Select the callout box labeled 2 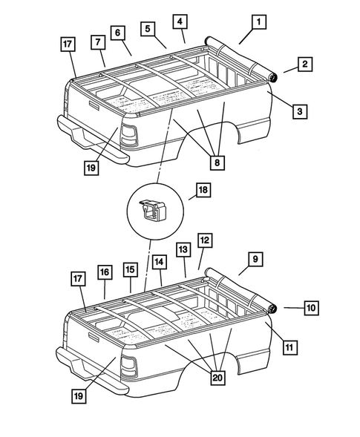[x=305, y=65]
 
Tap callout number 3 [x=298, y=111]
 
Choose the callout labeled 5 [x=148, y=29]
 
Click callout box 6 [x=117, y=33]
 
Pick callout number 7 [x=98, y=42]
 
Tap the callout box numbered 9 [x=254, y=259]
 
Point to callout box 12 [x=205, y=240]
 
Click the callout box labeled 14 [x=159, y=262]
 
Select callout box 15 [x=130, y=269]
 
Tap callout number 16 [x=105, y=273]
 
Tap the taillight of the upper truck [x=128, y=135]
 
